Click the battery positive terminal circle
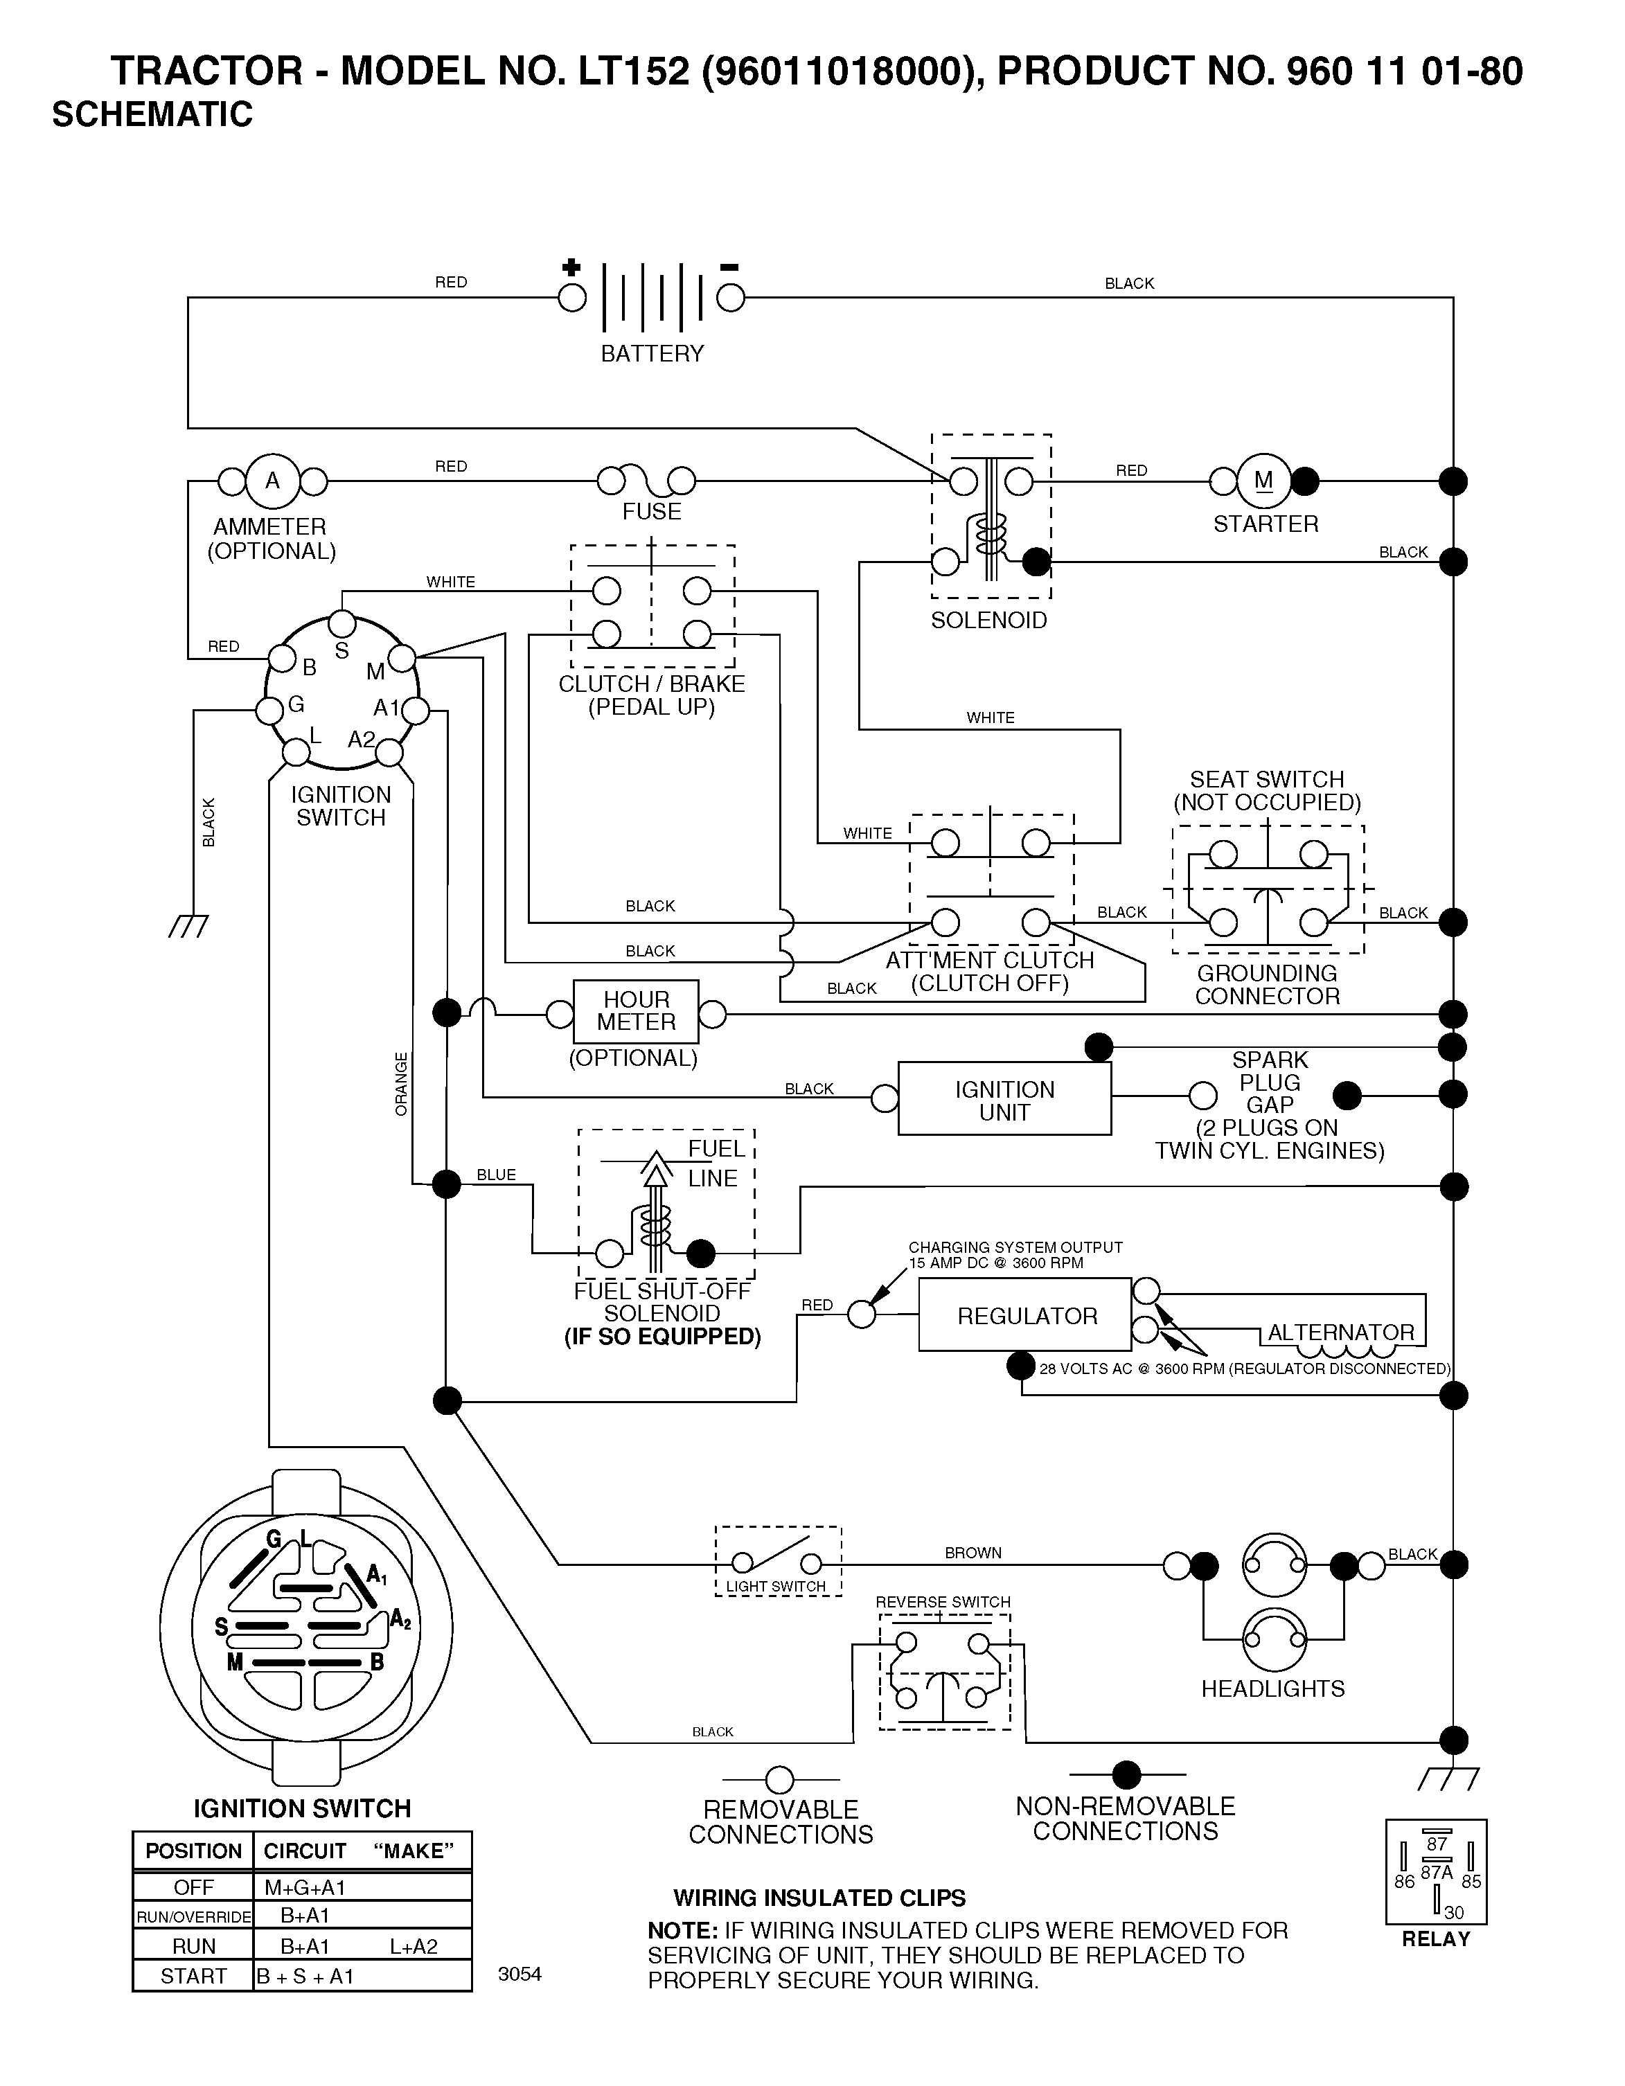tap(571, 298)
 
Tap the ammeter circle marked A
tap(272, 481)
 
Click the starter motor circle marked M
tap(1264, 481)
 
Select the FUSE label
tap(652, 512)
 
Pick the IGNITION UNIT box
tap(1005, 1099)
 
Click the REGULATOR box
tap(1025, 1315)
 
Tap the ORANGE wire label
tap(401, 1084)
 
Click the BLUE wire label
tap(496, 1175)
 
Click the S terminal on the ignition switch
tap(342, 625)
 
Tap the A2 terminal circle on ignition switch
tap(389, 754)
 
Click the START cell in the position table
tap(193, 1976)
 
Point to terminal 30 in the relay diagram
tap(1453, 1912)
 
